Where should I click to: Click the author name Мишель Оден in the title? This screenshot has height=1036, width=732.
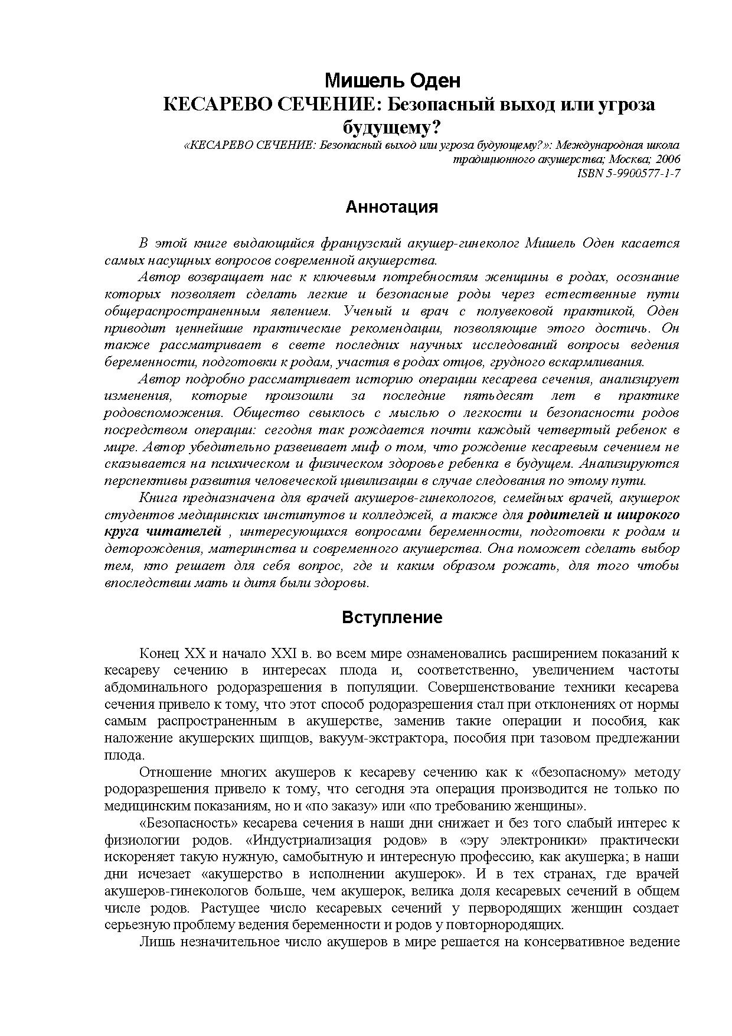tap(393, 80)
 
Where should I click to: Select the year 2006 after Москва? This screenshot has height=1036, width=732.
tap(668, 159)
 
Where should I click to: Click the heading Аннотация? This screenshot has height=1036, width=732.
tap(391, 207)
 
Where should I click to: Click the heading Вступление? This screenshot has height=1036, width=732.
tap(392, 618)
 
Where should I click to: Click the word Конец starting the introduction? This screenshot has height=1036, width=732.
tap(159, 654)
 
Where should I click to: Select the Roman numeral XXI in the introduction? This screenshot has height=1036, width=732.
tap(282, 654)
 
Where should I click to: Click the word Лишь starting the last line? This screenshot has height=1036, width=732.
tap(153, 942)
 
